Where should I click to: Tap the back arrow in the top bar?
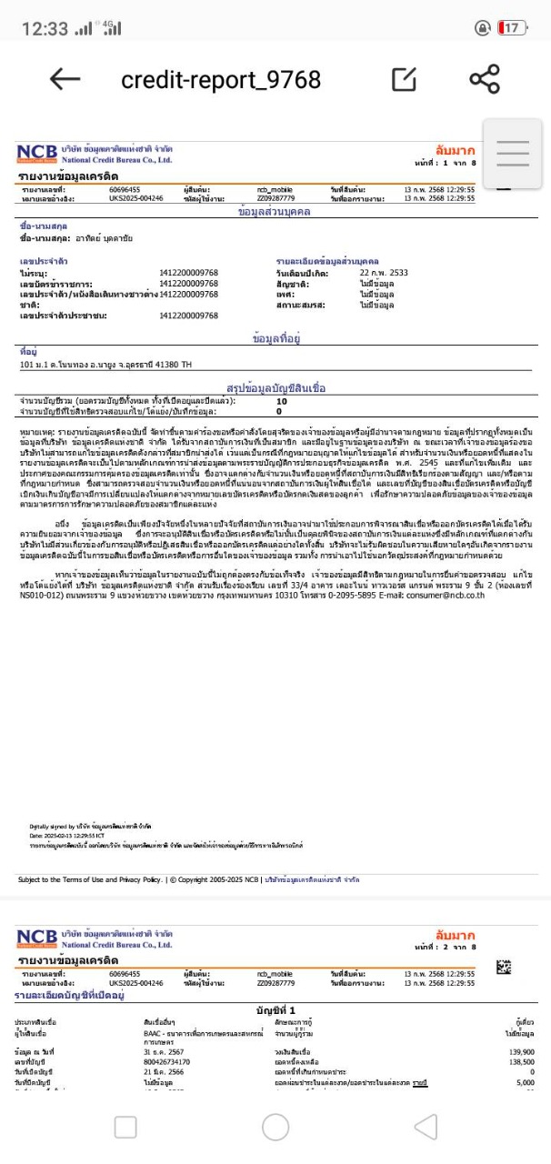point(65,79)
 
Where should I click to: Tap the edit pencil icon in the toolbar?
point(405,79)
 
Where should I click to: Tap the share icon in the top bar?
point(485,79)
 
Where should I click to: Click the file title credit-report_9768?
point(221,80)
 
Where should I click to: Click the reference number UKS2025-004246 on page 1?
point(136,196)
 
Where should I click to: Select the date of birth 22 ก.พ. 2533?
point(384,272)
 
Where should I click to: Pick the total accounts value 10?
point(281,401)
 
